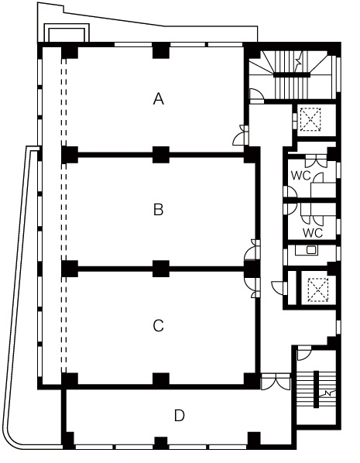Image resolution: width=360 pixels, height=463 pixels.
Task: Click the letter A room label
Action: (159, 98)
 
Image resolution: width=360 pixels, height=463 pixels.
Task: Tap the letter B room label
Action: (159, 210)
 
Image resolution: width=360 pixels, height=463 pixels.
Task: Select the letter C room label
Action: (159, 326)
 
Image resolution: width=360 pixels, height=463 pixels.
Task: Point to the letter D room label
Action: (180, 416)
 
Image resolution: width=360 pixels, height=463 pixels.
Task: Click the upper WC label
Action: (301, 176)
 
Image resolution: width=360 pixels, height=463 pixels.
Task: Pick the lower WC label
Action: (313, 233)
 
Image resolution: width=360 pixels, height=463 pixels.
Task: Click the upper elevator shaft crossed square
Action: (310, 119)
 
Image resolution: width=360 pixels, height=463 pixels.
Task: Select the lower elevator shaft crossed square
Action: (318, 290)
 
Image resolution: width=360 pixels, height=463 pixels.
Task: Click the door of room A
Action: (241, 135)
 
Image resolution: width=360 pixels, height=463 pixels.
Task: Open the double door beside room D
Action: (276, 382)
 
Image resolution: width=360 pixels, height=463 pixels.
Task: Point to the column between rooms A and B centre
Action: (161, 155)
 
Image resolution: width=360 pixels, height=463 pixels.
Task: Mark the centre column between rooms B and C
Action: (161, 269)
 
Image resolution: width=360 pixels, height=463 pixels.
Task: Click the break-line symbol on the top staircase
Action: (298, 62)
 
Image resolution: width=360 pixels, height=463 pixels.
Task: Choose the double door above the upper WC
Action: (316, 161)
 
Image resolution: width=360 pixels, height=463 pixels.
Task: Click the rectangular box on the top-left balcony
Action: (67, 33)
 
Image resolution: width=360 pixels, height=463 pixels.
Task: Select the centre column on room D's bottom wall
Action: (161, 443)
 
